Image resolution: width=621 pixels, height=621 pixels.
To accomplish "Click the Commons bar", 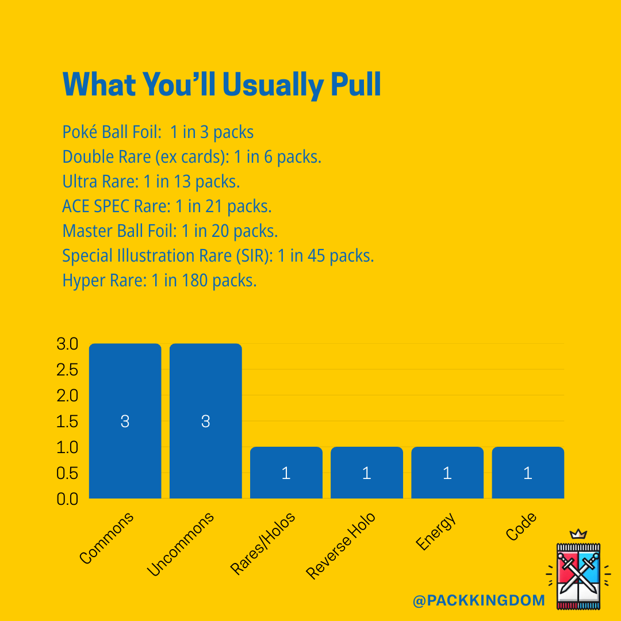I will (x=125, y=421).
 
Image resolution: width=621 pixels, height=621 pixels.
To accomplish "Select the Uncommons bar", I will (x=205, y=421).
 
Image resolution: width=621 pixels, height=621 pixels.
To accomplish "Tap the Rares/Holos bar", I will (x=286, y=473).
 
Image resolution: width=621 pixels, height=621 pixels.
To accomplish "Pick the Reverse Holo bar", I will (x=366, y=473).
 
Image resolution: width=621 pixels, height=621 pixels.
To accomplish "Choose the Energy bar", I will (x=447, y=473).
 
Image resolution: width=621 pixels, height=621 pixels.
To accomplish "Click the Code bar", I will (x=527, y=473).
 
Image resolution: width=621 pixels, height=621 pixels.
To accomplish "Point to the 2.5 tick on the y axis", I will (x=67, y=370).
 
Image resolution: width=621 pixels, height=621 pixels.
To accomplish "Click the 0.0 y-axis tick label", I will (x=67, y=499).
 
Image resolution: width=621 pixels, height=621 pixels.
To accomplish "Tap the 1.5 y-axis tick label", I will (x=67, y=421).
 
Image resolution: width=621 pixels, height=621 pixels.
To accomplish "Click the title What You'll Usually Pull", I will (x=221, y=85).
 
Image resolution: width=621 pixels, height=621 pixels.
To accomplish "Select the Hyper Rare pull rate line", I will (x=159, y=281).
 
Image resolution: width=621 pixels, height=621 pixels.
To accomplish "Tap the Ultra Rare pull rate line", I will (x=151, y=182).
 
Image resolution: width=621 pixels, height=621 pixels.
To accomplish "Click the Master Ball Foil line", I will (x=170, y=231).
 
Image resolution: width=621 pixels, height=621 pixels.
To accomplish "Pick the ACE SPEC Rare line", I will (x=167, y=206).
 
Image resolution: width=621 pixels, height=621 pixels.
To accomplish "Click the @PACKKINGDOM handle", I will (x=478, y=601).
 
